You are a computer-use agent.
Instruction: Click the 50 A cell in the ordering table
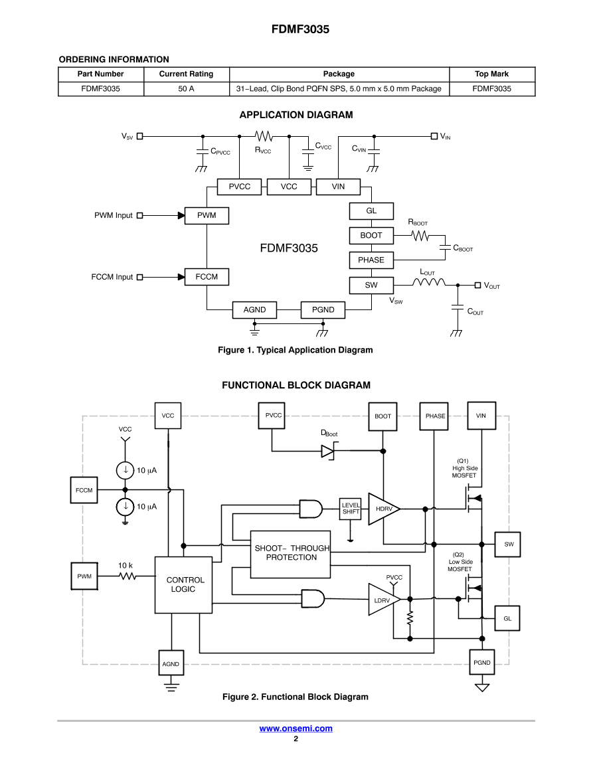[186, 88]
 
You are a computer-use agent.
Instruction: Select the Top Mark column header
[491, 74]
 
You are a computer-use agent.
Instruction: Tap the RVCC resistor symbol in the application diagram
[264, 136]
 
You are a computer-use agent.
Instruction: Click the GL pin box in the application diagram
[371, 211]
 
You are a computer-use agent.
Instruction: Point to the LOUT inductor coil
[428, 284]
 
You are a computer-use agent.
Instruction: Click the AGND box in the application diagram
[254, 309]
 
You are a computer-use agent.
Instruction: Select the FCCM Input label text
[112, 277]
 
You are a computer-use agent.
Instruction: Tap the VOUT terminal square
[477, 286]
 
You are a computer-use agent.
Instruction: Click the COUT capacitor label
[475, 311]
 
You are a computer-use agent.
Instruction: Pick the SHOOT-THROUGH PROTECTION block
[291, 553]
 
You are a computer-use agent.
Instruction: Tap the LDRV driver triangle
[383, 600]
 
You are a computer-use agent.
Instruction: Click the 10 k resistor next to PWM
[127, 576]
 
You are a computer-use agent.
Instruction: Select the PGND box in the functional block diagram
[482, 663]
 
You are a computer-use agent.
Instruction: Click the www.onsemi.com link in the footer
[296, 728]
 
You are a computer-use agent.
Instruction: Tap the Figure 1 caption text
[296, 350]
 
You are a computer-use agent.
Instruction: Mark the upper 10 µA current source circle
[125, 471]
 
